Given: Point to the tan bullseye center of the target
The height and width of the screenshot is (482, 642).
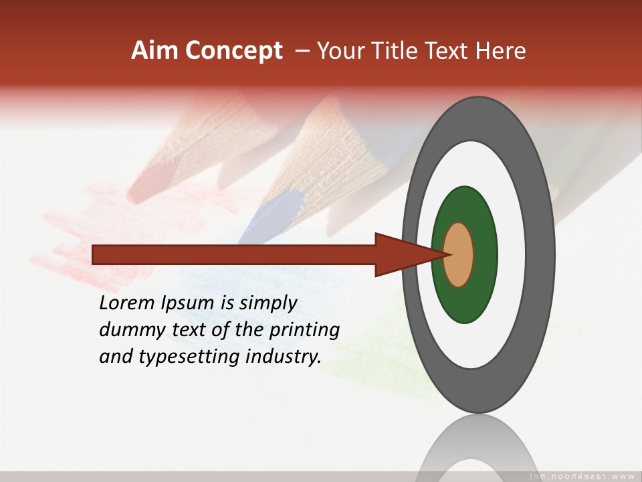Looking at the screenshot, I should [x=459, y=254].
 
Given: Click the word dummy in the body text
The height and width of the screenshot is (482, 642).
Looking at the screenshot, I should [x=130, y=330].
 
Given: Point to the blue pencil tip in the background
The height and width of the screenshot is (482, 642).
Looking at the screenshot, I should [x=267, y=218].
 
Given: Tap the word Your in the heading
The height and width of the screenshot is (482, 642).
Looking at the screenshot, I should [x=340, y=51].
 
